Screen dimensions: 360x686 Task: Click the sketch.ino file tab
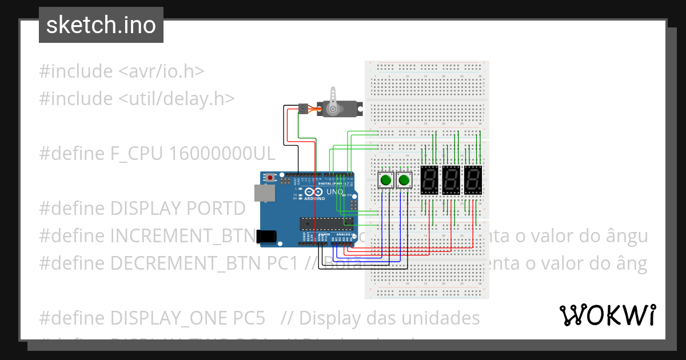pyautogui.click(x=101, y=25)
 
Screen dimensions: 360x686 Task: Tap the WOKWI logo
pyautogui.click(x=607, y=315)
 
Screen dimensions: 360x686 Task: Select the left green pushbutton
pyautogui.click(x=386, y=181)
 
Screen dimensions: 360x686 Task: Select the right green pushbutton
pyautogui.click(x=404, y=181)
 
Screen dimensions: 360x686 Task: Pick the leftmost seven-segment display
pyautogui.click(x=429, y=181)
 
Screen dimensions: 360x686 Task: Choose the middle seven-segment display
pyautogui.click(x=451, y=181)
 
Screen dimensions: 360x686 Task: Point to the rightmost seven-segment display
pyautogui.click(x=472, y=181)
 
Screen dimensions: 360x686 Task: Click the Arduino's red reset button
pyautogui.click(x=269, y=178)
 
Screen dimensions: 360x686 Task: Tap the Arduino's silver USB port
pyautogui.click(x=264, y=193)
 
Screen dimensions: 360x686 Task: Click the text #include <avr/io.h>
pyautogui.click(x=122, y=71)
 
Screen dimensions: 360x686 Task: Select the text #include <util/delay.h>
pyautogui.click(x=137, y=98)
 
